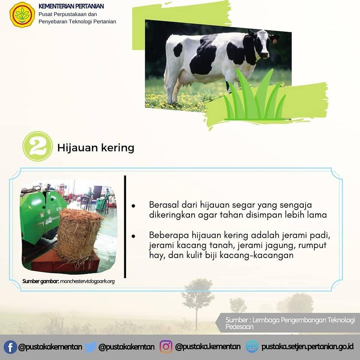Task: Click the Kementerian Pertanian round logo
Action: click(x=22, y=15)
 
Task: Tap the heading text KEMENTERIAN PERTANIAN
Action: click(x=71, y=6)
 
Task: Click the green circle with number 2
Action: click(x=37, y=146)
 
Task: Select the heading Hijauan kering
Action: click(x=96, y=147)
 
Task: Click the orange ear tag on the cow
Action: click(x=274, y=41)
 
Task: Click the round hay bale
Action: click(x=78, y=234)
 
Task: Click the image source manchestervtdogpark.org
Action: click(x=87, y=281)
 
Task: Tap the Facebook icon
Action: click(x=10, y=347)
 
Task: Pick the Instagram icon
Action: click(x=166, y=346)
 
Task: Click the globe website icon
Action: click(x=252, y=346)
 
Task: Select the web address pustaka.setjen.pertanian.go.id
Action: click(x=307, y=346)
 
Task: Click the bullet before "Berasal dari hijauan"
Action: click(x=133, y=206)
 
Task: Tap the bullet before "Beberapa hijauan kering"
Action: click(x=133, y=236)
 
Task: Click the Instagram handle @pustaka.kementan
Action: click(x=208, y=346)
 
